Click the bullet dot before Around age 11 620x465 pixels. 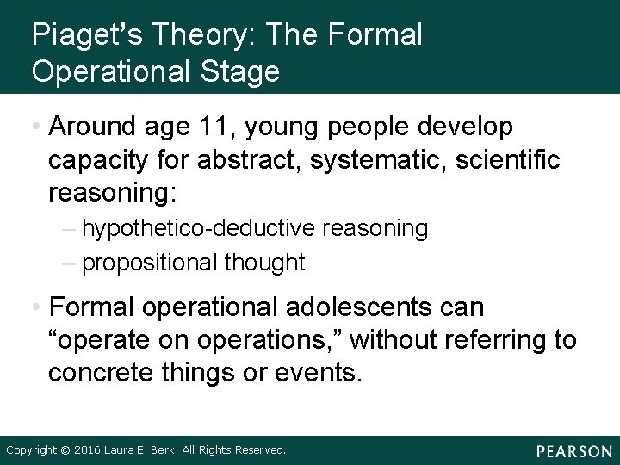[x=35, y=128]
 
